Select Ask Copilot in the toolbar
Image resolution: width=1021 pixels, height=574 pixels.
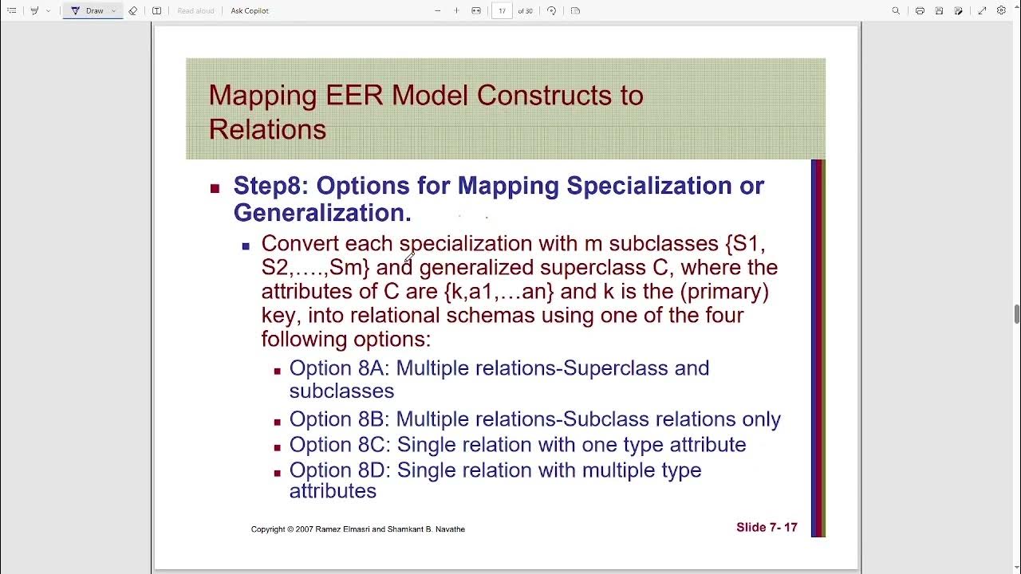(250, 11)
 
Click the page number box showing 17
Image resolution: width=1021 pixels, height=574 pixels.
(502, 11)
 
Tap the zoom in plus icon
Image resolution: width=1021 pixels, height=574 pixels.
(456, 11)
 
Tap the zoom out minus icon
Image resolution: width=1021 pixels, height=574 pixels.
(437, 11)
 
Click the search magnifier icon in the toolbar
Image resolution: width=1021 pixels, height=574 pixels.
(896, 11)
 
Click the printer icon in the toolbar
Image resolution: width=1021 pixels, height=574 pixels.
(920, 11)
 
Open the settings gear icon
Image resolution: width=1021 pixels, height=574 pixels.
(1001, 11)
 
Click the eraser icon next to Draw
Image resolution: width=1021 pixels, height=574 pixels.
(133, 11)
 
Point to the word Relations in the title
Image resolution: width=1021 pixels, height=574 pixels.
(267, 130)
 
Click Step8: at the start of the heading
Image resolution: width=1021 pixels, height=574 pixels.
(271, 186)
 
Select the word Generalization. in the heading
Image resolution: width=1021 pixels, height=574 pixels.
(322, 213)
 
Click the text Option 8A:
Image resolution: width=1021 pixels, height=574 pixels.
(340, 368)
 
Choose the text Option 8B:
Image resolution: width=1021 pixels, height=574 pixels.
(340, 419)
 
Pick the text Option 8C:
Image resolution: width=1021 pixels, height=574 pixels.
(340, 445)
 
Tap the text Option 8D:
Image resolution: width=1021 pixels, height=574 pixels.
(340, 470)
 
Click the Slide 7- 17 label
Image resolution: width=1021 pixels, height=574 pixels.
(767, 528)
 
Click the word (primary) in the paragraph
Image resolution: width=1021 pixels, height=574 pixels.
(726, 291)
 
